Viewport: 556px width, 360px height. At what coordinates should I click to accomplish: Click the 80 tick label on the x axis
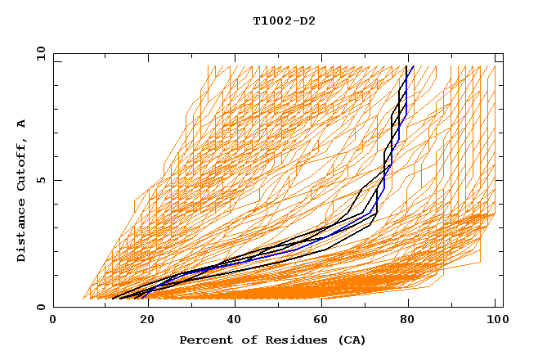pyautogui.click(x=407, y=320)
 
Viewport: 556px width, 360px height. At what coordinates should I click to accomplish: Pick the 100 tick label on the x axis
pyautogui.click(x=495, y=320)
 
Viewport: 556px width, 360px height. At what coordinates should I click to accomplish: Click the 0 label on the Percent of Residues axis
pyautogui.click(x=53, y=320)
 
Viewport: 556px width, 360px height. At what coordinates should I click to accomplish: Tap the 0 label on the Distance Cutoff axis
pyautogui.click(x=39, y=308)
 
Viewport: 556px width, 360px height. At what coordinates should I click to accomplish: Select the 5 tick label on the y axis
pyautogui.click(x=39, y=181)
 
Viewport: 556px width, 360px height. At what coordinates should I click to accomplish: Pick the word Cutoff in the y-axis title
pyautogui.click(x=21, y=164)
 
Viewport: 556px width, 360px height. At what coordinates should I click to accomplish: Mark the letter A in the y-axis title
pyautogui.click(x=21, y=124)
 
